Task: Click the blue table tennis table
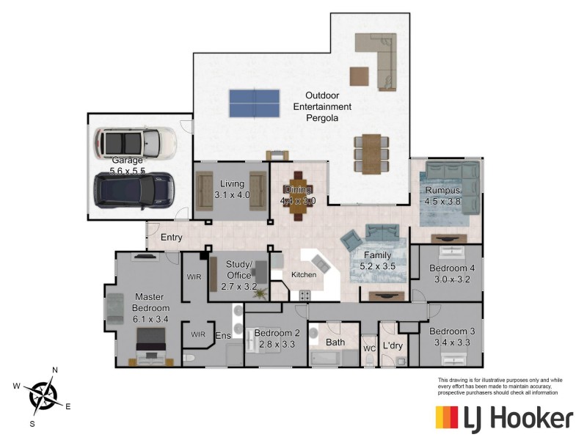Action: click(254, 103)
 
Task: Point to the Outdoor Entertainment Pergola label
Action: click(322, 106)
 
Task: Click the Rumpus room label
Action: click(443, 196)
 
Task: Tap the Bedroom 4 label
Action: click(452, 274)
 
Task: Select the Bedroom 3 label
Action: click(452, 337)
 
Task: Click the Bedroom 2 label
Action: click(277, 338)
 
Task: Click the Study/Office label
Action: click(239, 270)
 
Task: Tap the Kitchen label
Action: click(304, 275)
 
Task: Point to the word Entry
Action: click(171, 238)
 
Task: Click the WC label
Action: click(370, 349)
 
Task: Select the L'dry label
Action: click(393, 344)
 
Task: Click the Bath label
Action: click(335, 342)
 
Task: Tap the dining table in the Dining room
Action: click(298, 196)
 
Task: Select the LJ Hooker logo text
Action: click(518, 418)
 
